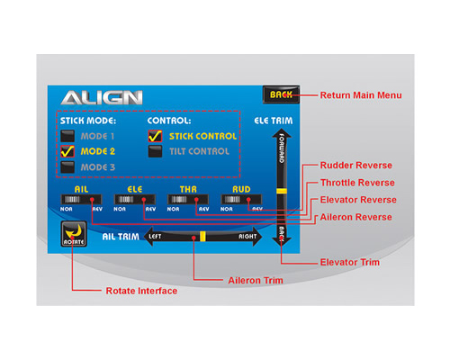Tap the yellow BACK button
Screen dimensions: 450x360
pyautogui.click(x=281, y=94)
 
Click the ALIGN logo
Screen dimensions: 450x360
pyautogui.click(x=102, y=98)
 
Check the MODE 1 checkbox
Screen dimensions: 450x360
pyautogui.click(x=67, y=136)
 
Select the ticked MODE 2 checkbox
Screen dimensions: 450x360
pyautogui.click(x=67, y=151)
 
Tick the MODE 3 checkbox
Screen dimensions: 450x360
pyautogui.click(x=67, y=166)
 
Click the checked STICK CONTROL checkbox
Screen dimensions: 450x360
pyautogui.click(x=155, y=136)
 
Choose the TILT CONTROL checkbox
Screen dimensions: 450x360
pyautogui.click(x=155, y=151)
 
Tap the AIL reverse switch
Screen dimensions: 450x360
pyautogui.click(x=81, y=199)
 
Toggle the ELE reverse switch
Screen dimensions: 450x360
pyautogui.click(x=135, y=199)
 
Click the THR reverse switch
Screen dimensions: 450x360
pyautogui.click(x=188, y=199)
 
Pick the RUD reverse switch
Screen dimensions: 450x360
pyautogui.click(x=241, y=199)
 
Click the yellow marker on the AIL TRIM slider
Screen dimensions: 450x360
pyautogui.click(x=202, y=237)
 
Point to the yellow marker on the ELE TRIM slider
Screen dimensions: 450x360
pyautogui.click(x=282, y=191)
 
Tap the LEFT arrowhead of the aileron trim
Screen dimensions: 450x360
pyautogui.click(x=149, y=237)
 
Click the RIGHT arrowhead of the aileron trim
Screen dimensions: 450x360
pyautogui.click(x=257, y=237)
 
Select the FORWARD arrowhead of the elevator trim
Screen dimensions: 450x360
pyautogui.click(x=282, y=133)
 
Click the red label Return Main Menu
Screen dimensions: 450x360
pyautogui.click(x=361, y=95)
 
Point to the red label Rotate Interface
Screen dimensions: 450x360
pyautogui.click(x=141, y=291)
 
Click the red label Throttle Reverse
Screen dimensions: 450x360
pyautogui.click(x=357, y=183)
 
